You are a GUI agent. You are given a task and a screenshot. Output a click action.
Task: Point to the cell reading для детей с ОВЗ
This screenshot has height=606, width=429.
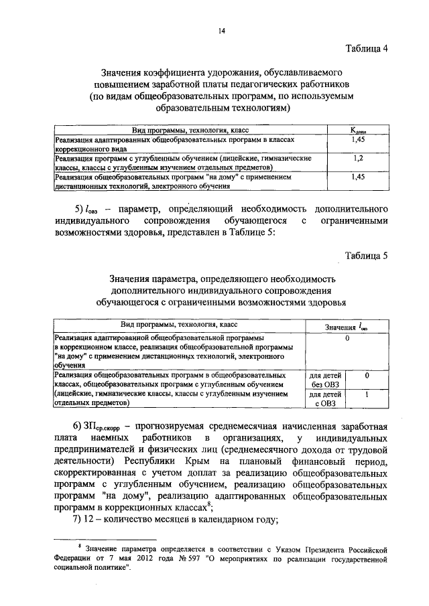click(x=326, y=400)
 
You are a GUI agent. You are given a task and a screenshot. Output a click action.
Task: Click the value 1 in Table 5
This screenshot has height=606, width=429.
click(x=367, y=396)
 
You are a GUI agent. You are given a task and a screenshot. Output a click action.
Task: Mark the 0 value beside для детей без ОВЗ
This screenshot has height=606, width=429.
click(x=367, y=376)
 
